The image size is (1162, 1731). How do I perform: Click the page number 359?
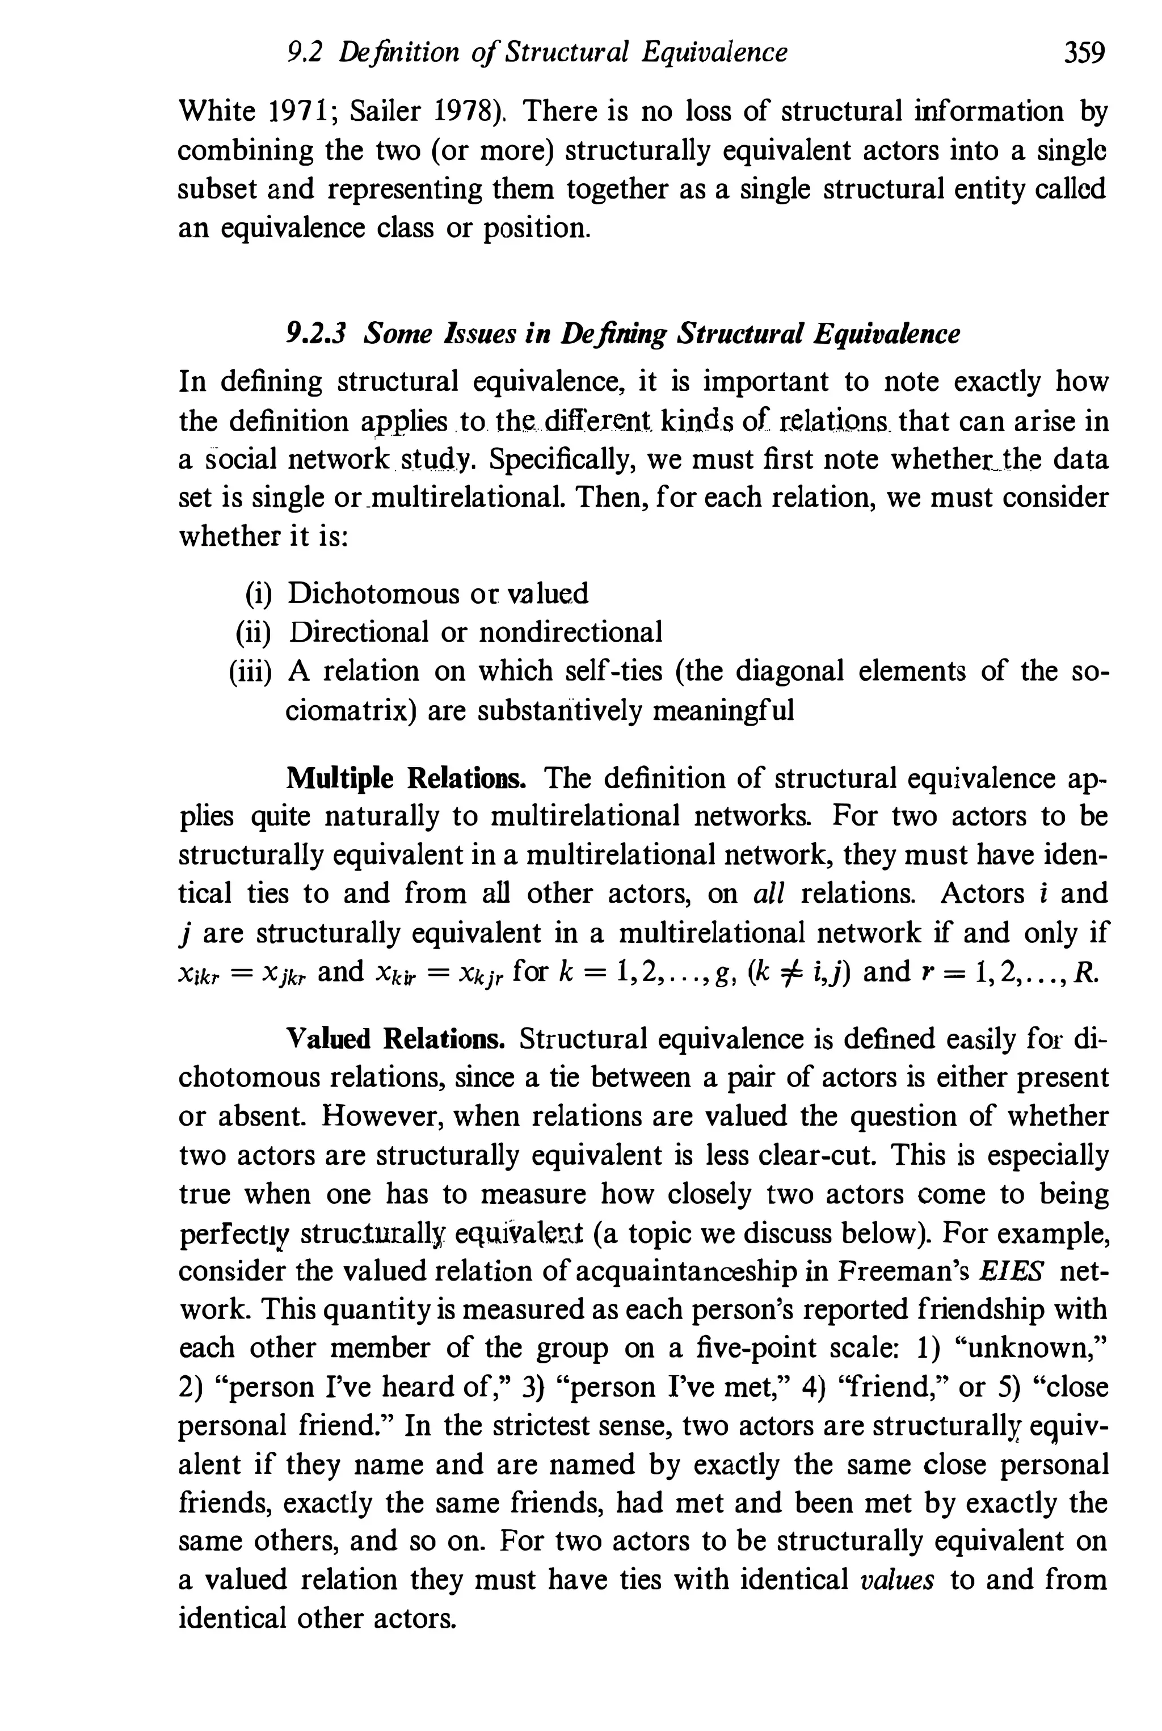[x=1084, y=53]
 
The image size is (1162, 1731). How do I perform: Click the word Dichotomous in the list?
[x=373, y=593]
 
